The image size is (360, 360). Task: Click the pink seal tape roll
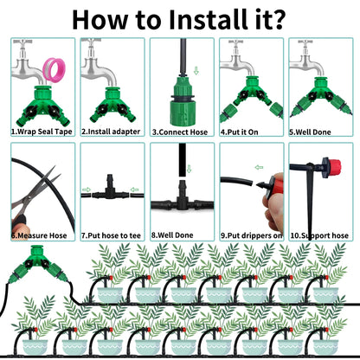pyautogui.click(x=54, y=70)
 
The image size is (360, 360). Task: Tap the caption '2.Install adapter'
pyautogui.click(x=111, y=132)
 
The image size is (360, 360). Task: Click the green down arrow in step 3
pyautogui.click(x=196, y=71)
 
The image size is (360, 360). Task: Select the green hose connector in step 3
pyautogui.click(x=182, y=101)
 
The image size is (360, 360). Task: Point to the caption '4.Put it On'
pyautogui.click(x=239, y=132)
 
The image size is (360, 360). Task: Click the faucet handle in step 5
pyautogui.click(x=305, y=42)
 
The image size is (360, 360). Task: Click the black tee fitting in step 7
pyautogui.click(x=109, y=191)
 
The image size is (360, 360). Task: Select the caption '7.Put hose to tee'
pyautogui.click(x=111, y=235)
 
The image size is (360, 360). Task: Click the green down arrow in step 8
pyautogui.click(x=190, y=169)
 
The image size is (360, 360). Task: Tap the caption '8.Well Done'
pyautogui.click(x=172, y=235)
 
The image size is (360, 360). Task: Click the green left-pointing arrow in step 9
pyautogui.click(x=259, y=167)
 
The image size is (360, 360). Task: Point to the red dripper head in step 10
pyautogui.click(x=335, y=166)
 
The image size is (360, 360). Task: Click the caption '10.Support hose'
pyautogui.click(x=319, y=235)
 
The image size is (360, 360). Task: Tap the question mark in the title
pyautogui.click(x=276, y=20)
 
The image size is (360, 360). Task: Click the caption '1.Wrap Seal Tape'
pyautogui.click(x=42, y=132)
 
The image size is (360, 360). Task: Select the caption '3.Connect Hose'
pyautogui.click(x=180, y=132)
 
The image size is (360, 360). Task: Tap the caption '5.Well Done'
pyautogui.click(x=310, y=132)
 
